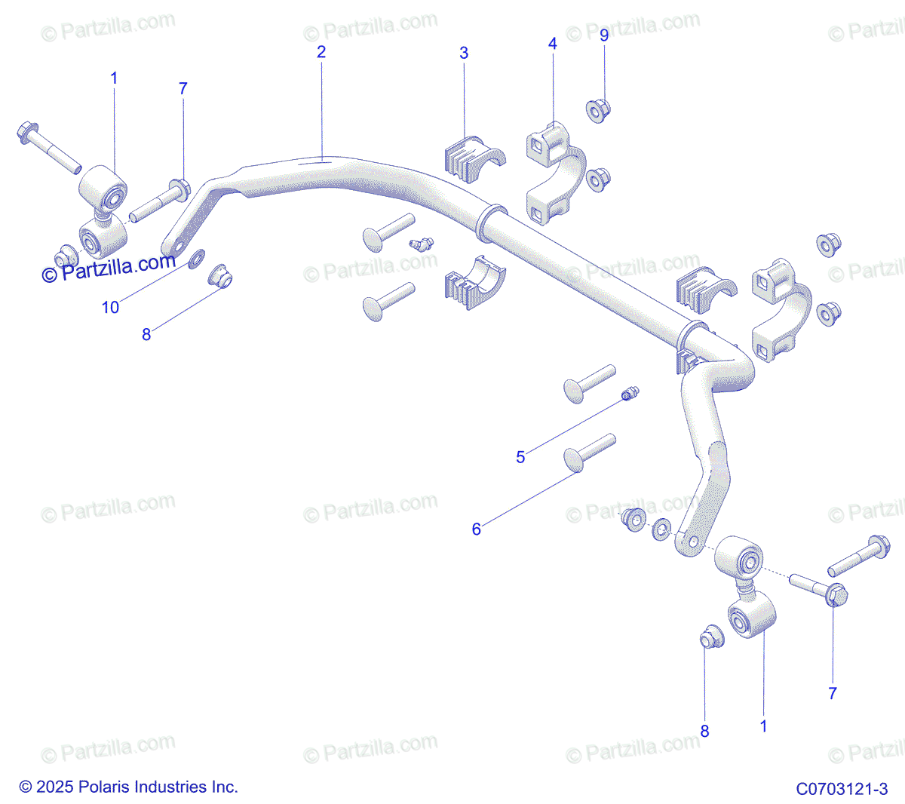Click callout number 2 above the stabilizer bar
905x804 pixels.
click(321, 52)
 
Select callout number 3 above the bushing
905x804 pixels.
click(464, 53)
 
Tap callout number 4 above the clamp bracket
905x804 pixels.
click(553, 44)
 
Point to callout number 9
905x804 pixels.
click(604, 35)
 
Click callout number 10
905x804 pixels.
click(110, 307)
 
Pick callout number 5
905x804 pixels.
click(520, 457)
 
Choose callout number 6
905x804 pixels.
click(476, 529)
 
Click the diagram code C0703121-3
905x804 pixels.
click(842, 789)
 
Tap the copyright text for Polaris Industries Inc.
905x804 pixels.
click(128, 787)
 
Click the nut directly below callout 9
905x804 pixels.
click(599, 111)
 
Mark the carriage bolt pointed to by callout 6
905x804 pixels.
click(589, 451)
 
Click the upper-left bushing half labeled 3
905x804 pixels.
click(472, 158)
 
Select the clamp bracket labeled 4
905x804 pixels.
click(556, 175)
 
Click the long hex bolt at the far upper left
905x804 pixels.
click(48, 148)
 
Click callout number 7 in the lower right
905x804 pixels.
click(833, 693)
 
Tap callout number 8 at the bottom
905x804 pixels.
click(704, 731)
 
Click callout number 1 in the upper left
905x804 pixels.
click(114, 78)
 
